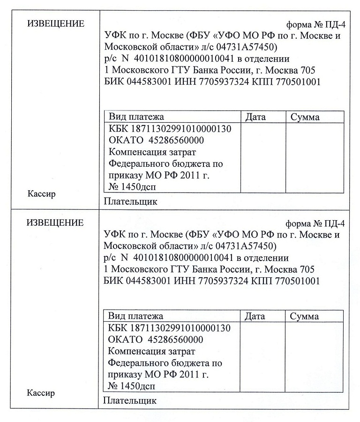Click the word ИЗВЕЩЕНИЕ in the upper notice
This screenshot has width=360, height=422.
tap(56, 24)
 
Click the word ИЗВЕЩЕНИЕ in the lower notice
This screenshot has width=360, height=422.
tap(55, 223)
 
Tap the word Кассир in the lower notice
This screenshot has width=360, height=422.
tap(41, 393)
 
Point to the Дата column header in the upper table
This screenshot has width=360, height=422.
tap(255, 117)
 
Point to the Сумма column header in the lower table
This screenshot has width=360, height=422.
tap(305, 316)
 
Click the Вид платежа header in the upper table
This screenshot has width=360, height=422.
tap(136, 117)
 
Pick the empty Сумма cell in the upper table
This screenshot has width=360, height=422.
tap(315, 157)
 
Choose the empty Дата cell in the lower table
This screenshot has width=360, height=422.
tap(262, 356)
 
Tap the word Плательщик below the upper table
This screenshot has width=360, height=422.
tap(130, 202)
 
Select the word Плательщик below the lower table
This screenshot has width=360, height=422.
tap(130, 401)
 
